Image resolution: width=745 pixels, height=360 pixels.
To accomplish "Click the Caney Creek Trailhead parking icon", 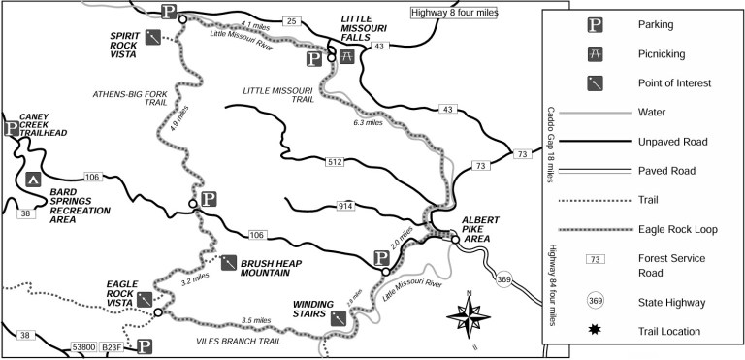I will (12, 127).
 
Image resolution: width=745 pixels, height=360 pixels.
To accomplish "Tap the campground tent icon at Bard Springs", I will (32, 179).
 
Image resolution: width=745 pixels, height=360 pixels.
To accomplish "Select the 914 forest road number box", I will (345, 206).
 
